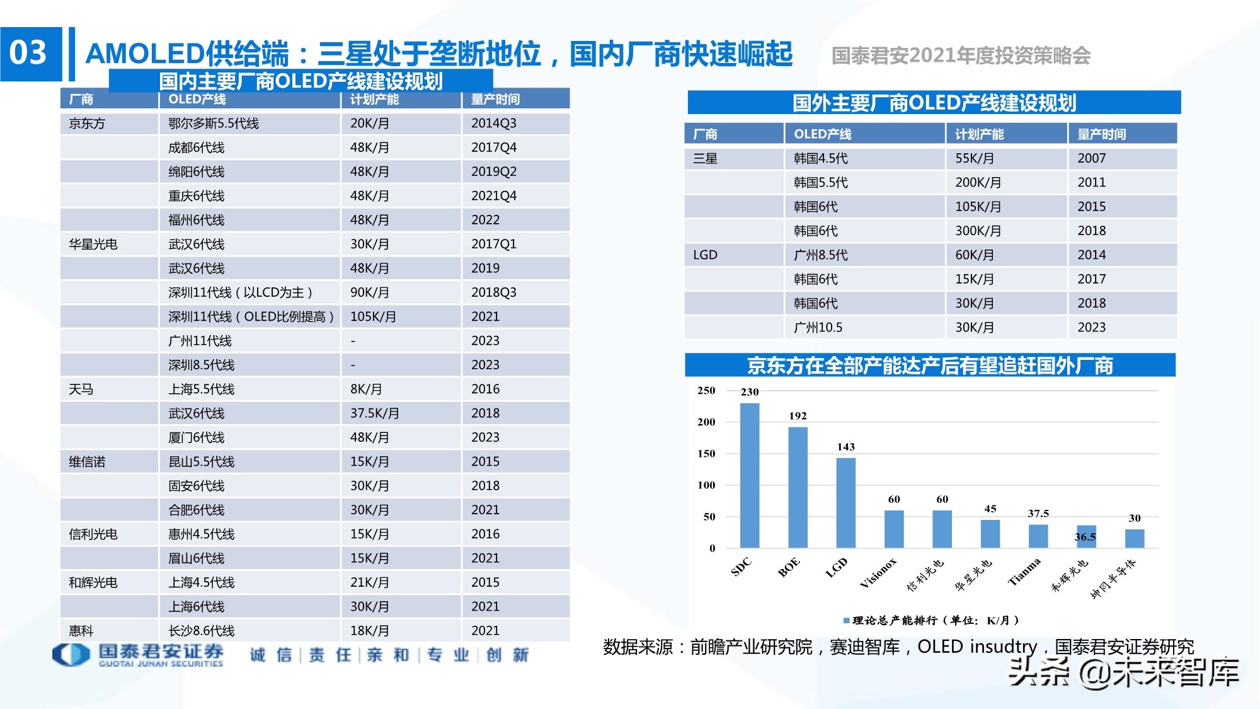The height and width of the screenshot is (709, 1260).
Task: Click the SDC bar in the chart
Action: coord(749,476)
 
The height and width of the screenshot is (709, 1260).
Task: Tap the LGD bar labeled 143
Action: coord(845,502)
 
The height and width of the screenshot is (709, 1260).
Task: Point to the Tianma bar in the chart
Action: coord(1038,536)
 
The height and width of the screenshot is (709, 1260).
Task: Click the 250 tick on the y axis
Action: coord(706,391)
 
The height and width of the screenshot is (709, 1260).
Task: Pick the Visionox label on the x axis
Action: coord(878,573)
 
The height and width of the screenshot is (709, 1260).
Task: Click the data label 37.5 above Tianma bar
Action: coord(1038,514)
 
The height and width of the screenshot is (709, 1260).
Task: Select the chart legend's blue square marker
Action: coord(846,621)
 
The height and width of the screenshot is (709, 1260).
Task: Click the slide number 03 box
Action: coord(30,54)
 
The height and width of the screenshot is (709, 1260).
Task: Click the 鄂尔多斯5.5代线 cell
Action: coord(214,124)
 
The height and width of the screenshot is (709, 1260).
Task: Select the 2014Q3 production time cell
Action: coord(494,124)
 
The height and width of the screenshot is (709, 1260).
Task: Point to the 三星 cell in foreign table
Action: coord(705,159)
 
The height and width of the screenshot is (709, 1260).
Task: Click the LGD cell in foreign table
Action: coord(705,255)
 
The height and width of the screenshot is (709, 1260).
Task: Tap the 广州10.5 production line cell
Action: coord(818,328)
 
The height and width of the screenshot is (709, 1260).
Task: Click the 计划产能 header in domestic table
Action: coord(374,100)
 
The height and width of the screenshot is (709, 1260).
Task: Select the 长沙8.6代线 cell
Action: coord(201,631)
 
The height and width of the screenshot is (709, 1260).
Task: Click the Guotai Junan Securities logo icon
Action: coord(71,654)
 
